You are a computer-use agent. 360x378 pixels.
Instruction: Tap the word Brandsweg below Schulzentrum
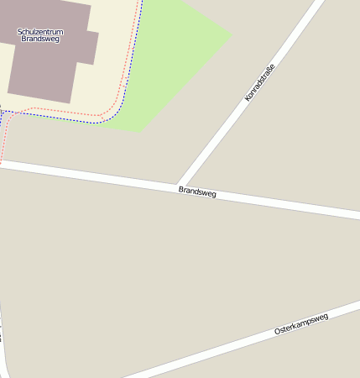tap(40, 39)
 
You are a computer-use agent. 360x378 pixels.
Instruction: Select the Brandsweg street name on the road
tap(197, 192)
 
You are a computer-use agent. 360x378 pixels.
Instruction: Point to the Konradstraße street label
tap(259, 83)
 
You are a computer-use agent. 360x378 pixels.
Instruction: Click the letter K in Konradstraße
tap(247, 100)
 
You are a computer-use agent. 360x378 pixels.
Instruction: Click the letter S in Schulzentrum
tap(19, 32)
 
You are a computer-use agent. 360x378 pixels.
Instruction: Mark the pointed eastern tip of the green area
tap(231, 34)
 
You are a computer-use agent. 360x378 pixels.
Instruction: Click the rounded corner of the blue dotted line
tap(117, 113)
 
